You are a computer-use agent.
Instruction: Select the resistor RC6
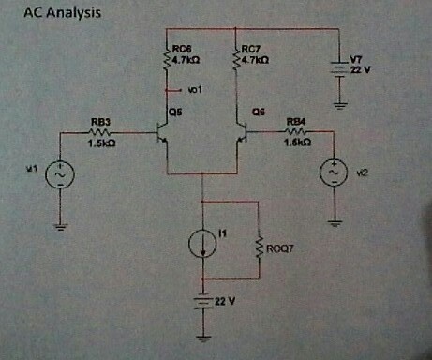pyautogui.click(x=167, y=58)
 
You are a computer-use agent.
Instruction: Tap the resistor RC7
pyautogui.click(x=234, y=58)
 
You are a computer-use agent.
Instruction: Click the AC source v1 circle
pyautogui.click(x=61, y=173)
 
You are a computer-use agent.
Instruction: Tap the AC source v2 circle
pyautogui.click(x=335, y=172)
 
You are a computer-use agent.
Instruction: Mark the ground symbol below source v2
pyautogui.click(x=335, y=222)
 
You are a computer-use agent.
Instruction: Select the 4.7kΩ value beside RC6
pyautogui.click(x=185, y=59)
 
